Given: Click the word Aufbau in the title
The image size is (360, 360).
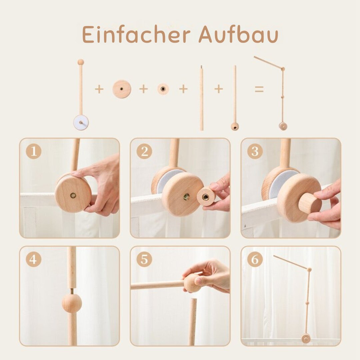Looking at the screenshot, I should click(x=238, y=34).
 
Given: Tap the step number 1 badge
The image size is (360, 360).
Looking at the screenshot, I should click(x=33, y=152).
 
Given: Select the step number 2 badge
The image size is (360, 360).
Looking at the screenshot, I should click(x=144, y=152).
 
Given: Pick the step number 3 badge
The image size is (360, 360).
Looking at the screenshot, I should click(x=255, y=152).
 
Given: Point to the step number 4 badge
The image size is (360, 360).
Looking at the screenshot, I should click(x=33, y=260).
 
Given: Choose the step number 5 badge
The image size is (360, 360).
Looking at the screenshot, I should click(x=144, y=260).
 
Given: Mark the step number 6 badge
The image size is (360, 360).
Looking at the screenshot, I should click(x=255, y=260).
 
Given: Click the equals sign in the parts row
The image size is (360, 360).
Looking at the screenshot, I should click(x=259, y=89).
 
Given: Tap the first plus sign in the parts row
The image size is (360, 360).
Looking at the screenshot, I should click(x=99, y=89).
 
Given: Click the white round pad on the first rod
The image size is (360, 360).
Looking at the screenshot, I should click(x=81, y=122).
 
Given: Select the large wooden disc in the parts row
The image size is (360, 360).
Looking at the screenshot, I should click(x=122, y=89).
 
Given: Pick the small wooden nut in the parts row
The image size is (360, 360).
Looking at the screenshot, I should click(x=163, y=89).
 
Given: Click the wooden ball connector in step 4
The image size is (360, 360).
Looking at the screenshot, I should click(x=72, y=303).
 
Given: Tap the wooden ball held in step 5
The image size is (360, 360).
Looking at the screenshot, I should click(x=192, y=283).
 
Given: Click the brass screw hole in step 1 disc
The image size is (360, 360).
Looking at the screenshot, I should click(x=73, y=195).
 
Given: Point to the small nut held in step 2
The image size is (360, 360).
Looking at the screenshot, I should click(x=206, y=197).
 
